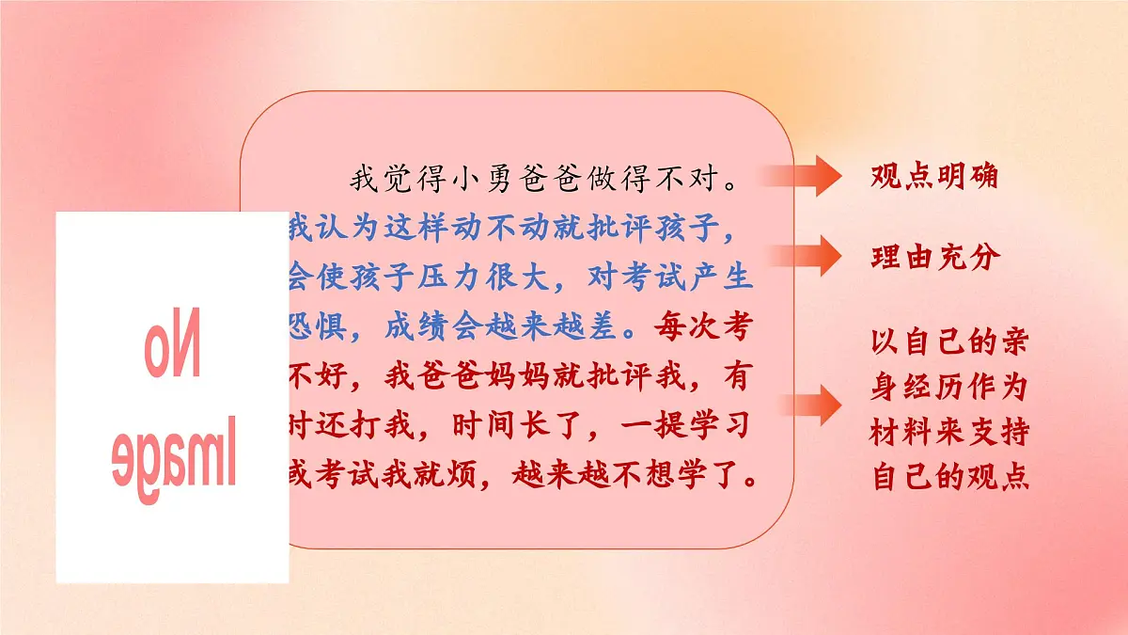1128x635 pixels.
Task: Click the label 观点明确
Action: [933, 177]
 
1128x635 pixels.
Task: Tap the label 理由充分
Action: [933, 258]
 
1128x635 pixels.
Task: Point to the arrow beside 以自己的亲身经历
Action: [805, 405]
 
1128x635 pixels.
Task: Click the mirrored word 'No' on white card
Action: [173, 347]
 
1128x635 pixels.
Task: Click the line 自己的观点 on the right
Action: [950, 477]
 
